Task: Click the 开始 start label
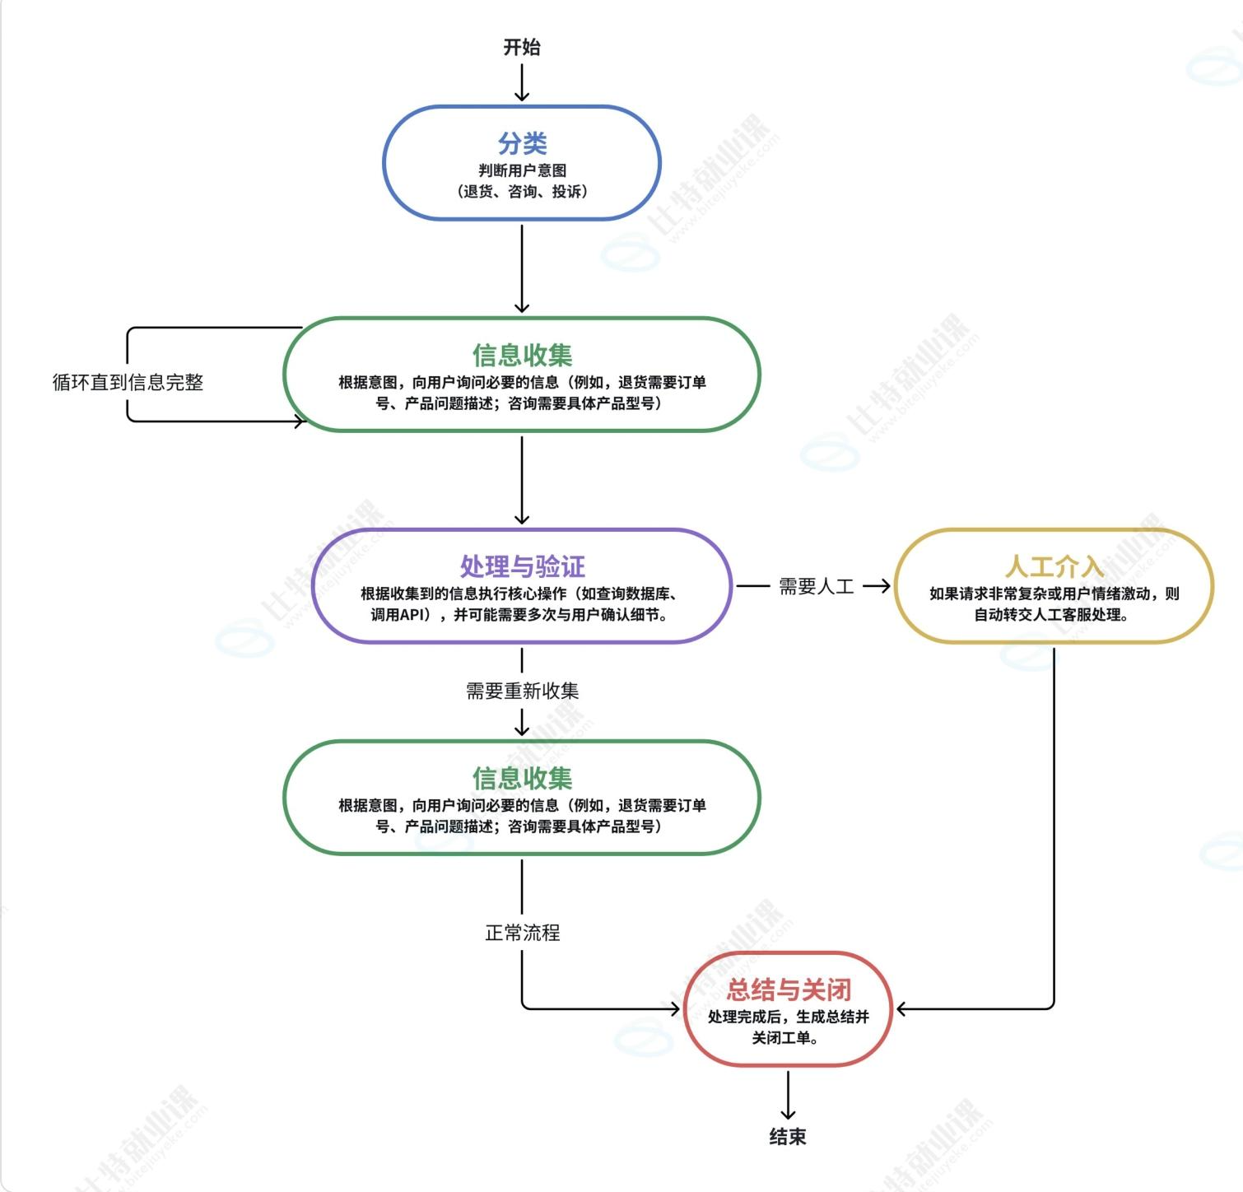pos(522,48)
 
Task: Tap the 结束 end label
pos(788,1137)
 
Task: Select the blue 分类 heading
pos(522,143)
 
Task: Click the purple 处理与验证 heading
pos(522,566)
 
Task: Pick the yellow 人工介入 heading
pos(1054,566)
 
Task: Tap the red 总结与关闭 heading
pos(788,989)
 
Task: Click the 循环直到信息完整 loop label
pos(128,382)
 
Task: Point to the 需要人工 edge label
pos(817,586)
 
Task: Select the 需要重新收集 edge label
pos(522,691)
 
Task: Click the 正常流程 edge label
pos(522,933)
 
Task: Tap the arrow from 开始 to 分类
pos(522,82)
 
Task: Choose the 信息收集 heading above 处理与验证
pos(522,355)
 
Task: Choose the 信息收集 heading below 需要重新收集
pos(522,778)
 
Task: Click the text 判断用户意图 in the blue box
pos(522,170)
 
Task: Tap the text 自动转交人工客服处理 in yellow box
pos(1049,614)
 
